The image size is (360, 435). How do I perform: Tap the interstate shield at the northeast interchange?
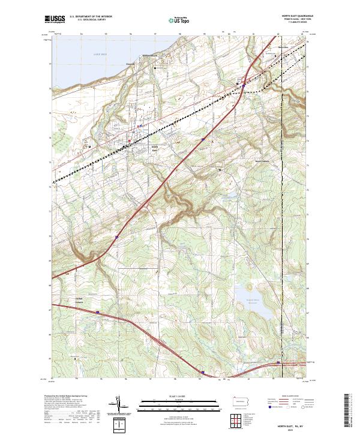[244, 85]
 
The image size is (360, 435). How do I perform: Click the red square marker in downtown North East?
[128, 142]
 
